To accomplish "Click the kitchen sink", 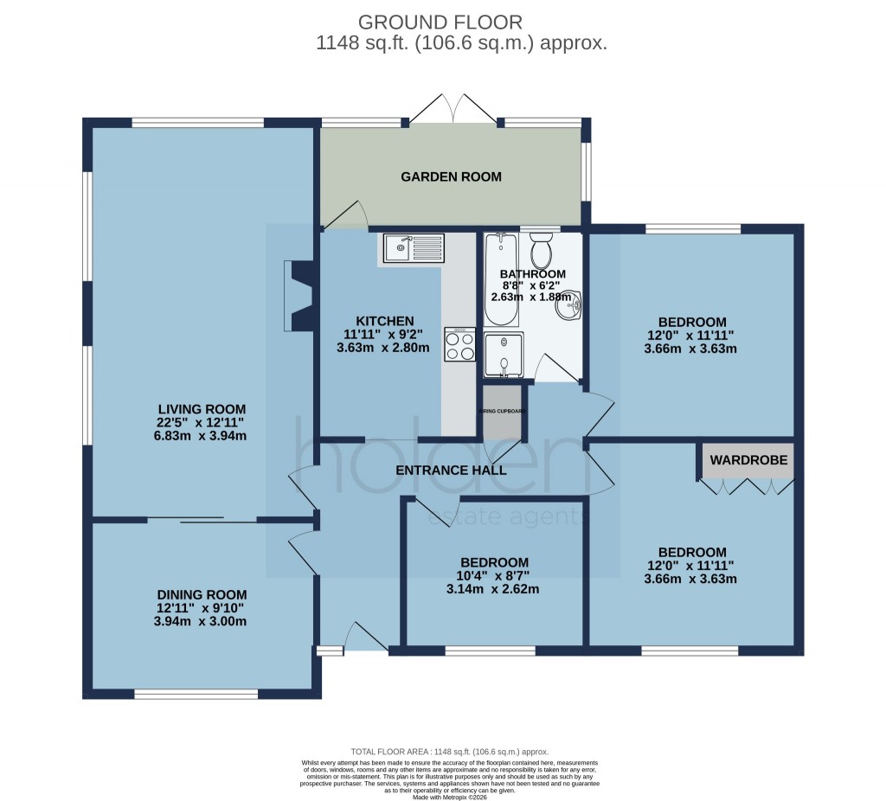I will tap(411, 248).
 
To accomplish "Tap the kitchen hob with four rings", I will tap(459, 345).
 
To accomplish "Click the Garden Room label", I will tap(451, 177).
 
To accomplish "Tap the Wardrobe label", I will tap(748, 461).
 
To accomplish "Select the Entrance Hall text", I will tap(450, 471).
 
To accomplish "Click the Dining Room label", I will tap(202, 595).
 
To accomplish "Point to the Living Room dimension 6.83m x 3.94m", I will tap(202, 436).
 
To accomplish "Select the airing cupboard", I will tap(503, 420).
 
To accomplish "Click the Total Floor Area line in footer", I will tap(449, 752).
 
